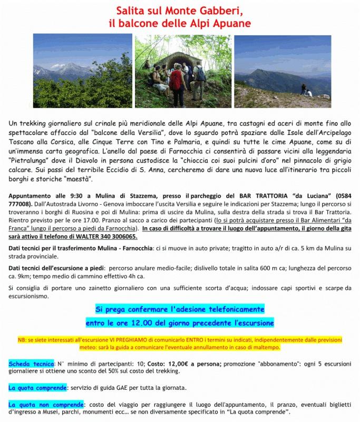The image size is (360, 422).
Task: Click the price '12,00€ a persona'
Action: [200, 364]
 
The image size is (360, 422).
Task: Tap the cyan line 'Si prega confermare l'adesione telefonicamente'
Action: [179, 309]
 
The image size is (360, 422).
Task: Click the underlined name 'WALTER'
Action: [101, 237]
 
